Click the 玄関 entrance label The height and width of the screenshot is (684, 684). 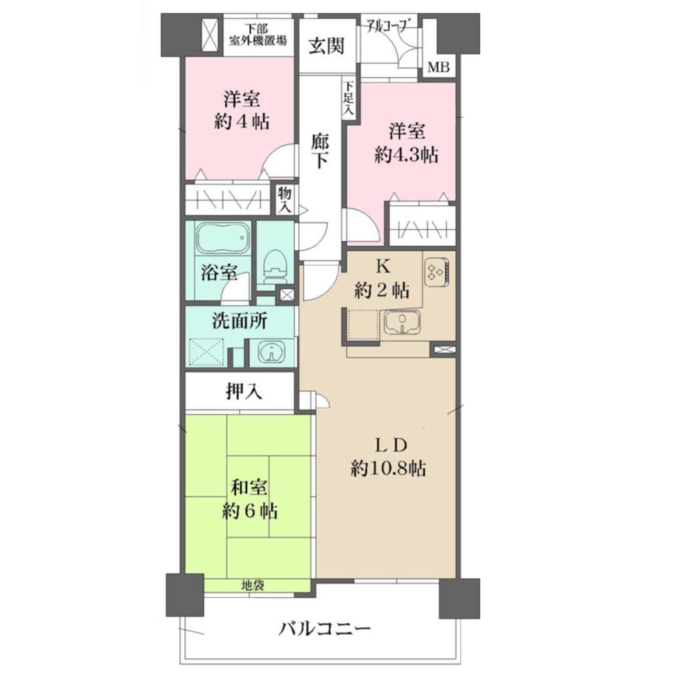(326, 45)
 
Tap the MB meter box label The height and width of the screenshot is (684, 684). (438, 67)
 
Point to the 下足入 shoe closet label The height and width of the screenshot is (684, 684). (349, 99)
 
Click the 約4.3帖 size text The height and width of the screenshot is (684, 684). (407, 155)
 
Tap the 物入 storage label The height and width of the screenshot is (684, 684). (285, 200)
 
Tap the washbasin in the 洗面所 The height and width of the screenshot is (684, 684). (271, 351)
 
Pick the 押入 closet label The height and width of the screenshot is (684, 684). (244, 391)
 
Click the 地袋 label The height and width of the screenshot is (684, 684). (252, 585)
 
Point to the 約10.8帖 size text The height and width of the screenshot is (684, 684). (388, 469)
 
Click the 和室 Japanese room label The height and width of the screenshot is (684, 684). (249, 487)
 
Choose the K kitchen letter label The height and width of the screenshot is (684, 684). (382, 265)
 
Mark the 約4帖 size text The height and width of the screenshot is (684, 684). (241, 122)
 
